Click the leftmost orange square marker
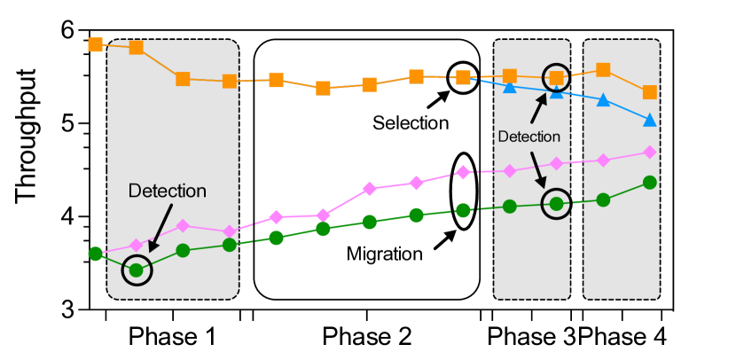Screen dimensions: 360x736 [x=95, y=44]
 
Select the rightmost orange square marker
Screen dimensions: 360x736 [x=649, y=92]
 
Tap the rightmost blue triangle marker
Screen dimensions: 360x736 [x=649, y=120]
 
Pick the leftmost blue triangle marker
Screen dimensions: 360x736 [x=510, y=86]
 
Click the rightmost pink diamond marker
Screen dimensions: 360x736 [x=649, y=153]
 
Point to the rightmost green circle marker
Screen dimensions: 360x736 [x=649, y=182]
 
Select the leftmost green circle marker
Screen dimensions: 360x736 [x=95, y=253]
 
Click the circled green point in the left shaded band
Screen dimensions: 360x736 [x=137, y=270]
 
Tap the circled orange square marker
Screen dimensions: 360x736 [x=556, y=78]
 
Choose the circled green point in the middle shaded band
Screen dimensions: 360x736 [x=556, y=203]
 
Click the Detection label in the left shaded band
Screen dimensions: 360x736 [x=167, y=191]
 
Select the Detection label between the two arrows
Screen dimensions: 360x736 [x=529, y=137]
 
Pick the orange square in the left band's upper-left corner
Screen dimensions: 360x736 [x=137, y=47]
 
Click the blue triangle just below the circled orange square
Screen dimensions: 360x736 [x=556, y=91]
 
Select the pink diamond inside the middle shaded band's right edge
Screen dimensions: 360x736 [x=556, y=163]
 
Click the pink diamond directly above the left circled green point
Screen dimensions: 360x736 [x=137, y=245]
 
